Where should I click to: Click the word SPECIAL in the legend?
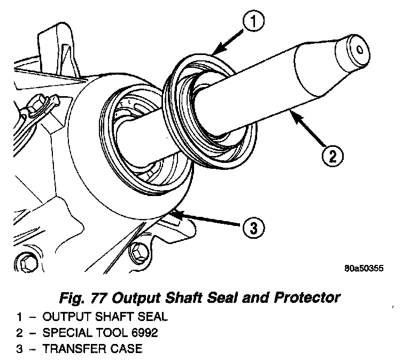(68, 333)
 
